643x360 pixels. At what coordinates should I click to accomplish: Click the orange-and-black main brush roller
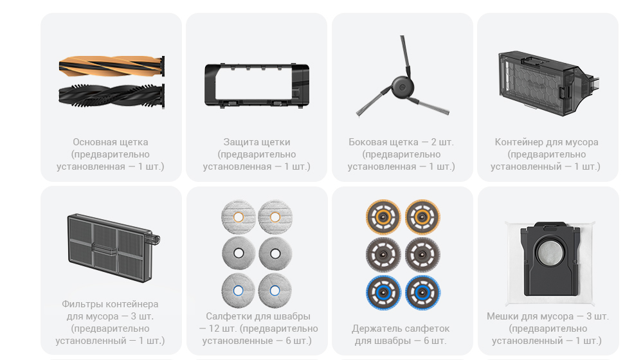click(111, 66)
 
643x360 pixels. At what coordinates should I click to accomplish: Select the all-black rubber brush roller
click(111, 96)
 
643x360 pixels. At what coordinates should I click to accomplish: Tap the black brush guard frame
click(257, 85)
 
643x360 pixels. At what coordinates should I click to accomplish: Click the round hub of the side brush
click(403, 87)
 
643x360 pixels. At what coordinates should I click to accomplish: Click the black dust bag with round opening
click(550, 259)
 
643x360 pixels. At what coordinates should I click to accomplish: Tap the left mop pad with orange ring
click(239, 217)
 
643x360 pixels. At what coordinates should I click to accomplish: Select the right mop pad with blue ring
click(275, 291)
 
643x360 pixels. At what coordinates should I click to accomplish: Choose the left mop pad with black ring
click(239, 254)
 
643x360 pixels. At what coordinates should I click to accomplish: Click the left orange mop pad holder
click(383, 217)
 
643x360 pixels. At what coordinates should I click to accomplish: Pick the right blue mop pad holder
click(423, 292)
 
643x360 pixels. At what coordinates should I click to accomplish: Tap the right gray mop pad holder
click(423, 255)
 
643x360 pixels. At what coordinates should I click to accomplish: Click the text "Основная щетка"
click(111, 142)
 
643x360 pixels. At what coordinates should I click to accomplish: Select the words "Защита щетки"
click(257, 142)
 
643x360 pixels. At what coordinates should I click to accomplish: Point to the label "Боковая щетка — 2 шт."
click(401, 142)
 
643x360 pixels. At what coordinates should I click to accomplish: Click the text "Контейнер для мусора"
click(547, 142)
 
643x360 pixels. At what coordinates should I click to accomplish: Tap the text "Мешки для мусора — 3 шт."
click(548, 316)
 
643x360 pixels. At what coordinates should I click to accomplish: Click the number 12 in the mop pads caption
click(214, 329)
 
